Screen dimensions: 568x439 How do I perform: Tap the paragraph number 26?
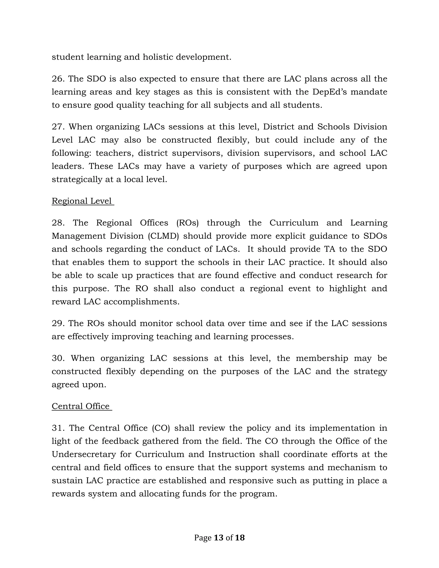coord(58,79)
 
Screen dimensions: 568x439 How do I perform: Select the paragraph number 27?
coord(58,127)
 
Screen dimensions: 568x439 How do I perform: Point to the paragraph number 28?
coord(58,223)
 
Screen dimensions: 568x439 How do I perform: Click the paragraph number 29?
coord(58,323)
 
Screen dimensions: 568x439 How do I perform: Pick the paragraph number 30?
coord(58,358)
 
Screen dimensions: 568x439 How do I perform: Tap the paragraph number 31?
coord(58,428)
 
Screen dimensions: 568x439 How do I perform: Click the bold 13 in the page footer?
coord(218,538)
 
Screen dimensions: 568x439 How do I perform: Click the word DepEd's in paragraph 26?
coord(329,92)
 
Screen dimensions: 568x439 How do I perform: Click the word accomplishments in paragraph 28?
coord(141,302)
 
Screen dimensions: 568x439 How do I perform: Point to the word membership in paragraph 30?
coord(322,358)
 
